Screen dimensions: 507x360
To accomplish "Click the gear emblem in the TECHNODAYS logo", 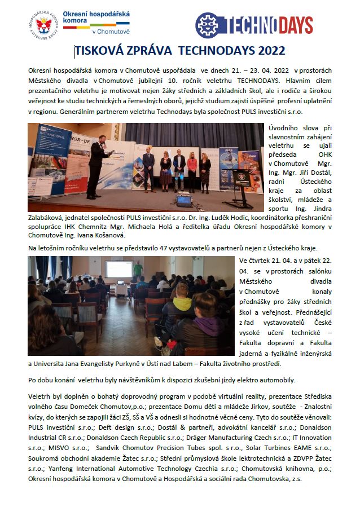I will point(207,25).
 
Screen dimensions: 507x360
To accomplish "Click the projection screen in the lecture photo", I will point(119,269).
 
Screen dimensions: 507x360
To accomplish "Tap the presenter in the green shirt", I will point(137,269).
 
